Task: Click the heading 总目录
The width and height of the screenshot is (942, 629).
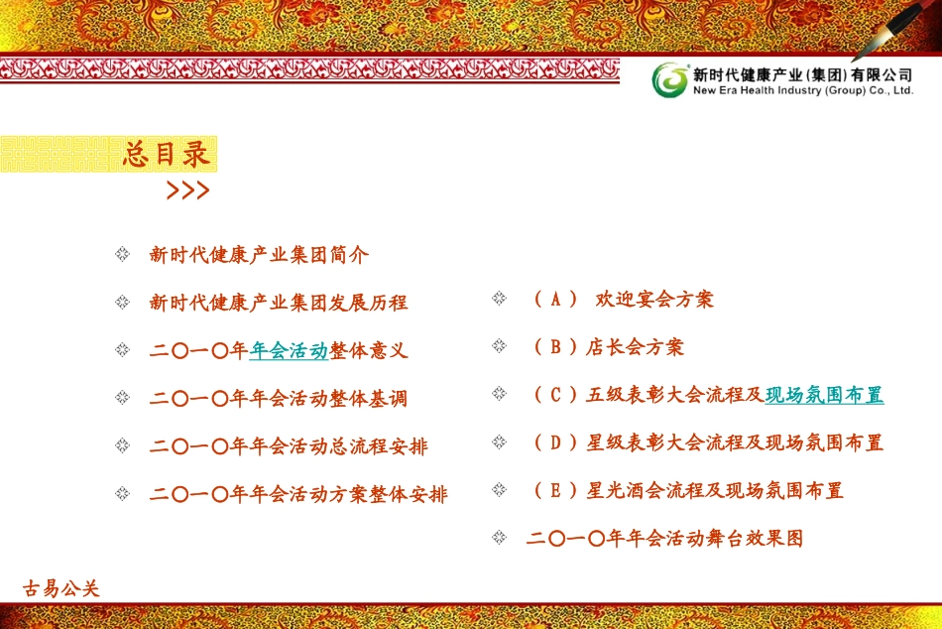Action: pos(167,154)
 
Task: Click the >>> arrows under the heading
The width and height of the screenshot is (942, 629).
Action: pos(187,190)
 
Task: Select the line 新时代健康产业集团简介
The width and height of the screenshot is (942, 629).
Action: pos(259,255)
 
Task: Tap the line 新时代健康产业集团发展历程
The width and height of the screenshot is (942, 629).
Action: pos(279,303)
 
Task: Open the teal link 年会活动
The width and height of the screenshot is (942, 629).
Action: pos(289,350)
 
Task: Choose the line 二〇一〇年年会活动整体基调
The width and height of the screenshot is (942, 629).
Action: pos(279,399)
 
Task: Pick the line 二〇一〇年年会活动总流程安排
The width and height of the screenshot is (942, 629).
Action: pos(289,446)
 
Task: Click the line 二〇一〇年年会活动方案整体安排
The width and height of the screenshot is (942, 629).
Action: pos(298,494)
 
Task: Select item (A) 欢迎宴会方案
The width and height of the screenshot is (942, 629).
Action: pos(623,299)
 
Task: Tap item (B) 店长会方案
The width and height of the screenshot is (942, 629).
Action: pos(608,346)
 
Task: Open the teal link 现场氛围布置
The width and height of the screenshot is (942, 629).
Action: pos(824,395)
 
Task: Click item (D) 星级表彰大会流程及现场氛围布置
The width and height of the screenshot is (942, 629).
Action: pos(708,442)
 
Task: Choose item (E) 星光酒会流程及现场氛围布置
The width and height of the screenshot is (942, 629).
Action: pos(688,490)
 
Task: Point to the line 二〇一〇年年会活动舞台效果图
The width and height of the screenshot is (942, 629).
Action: pos(664,539)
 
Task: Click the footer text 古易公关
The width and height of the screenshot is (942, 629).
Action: pos(61,588)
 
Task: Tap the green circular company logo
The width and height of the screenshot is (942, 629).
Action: pos(669,80)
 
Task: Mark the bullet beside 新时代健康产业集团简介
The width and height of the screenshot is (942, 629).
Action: pos(122,255)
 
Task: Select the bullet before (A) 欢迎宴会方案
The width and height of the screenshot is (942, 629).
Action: pos(499,299)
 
